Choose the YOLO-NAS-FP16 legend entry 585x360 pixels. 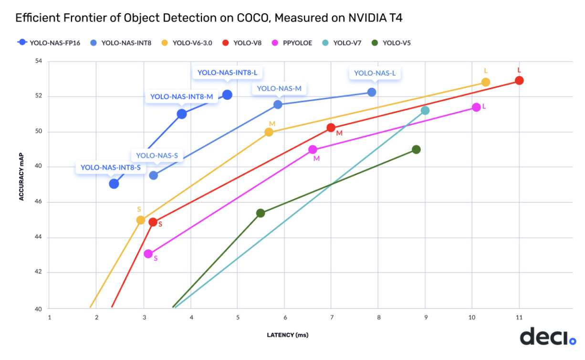[49, 43]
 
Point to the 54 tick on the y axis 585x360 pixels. [39, 61]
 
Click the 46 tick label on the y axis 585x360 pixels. [39, 202]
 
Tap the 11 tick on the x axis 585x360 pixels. [519, 317]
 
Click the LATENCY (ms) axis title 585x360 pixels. [287, 335]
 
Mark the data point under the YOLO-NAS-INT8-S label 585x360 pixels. [114, 183]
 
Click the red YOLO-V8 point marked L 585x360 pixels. [519, 80]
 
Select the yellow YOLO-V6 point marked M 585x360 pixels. [269, 132]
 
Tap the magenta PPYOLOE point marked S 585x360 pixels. [148, 254]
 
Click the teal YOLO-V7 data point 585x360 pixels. [425, 110]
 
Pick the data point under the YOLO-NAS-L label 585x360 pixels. [372, 92]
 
